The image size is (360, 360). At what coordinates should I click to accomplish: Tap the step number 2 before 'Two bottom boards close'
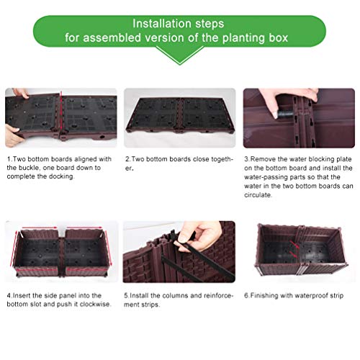127,158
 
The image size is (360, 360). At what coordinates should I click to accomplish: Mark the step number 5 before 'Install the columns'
127,295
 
